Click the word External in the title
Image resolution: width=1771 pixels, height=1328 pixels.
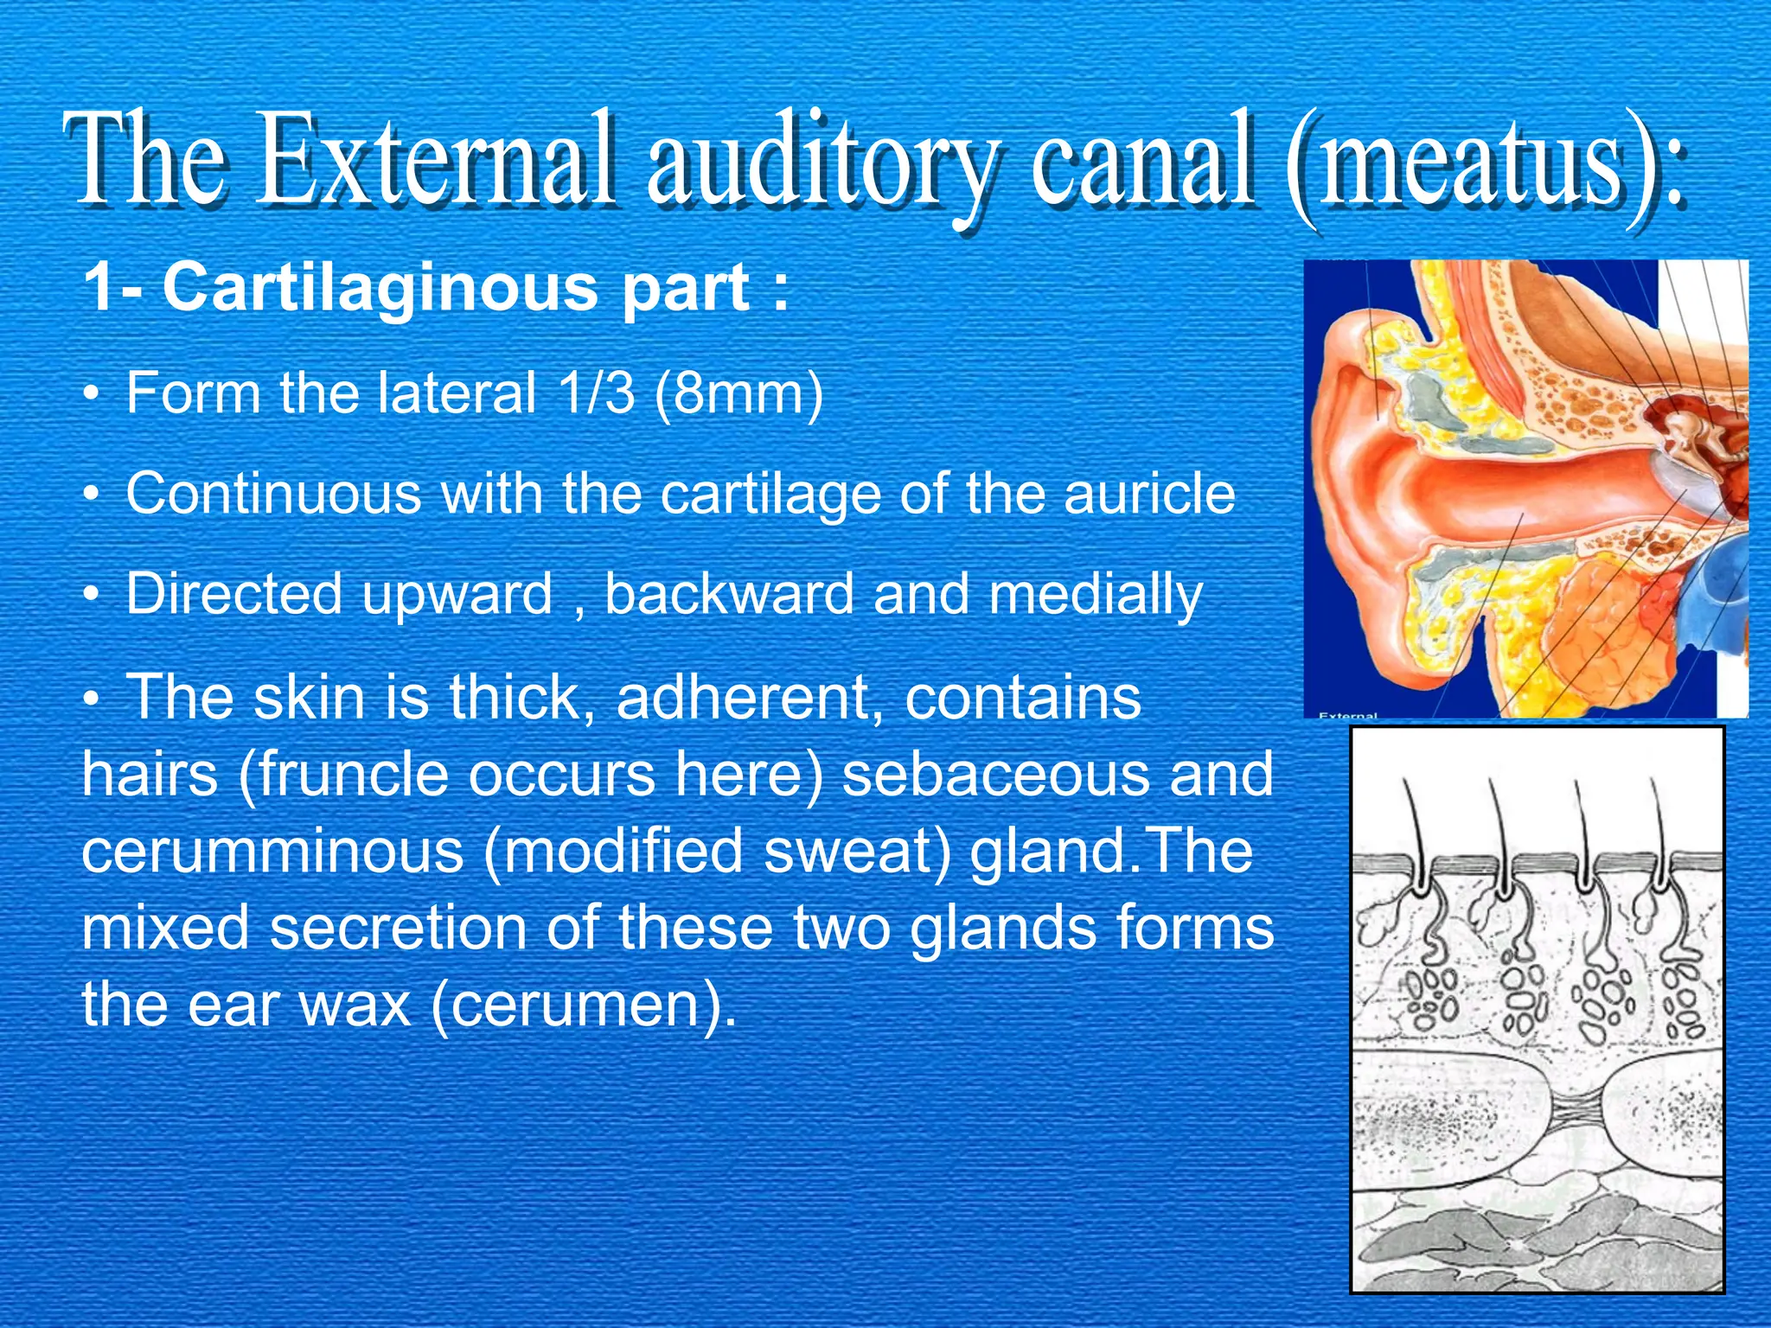(440, 160)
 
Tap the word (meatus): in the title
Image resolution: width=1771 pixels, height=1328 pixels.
(1484, 164)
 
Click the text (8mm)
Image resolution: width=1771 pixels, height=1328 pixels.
(738, 394)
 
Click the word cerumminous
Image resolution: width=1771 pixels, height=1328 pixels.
(273, 851)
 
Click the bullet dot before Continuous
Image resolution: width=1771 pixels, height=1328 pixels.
(91, 495)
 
